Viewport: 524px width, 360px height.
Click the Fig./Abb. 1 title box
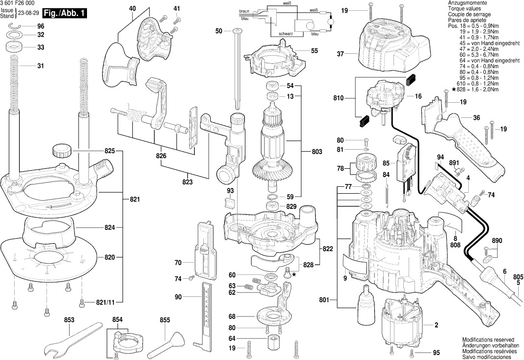60,13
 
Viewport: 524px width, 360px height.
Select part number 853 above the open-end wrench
69,320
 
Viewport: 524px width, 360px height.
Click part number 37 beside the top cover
341,54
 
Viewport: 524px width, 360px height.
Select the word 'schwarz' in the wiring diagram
286,34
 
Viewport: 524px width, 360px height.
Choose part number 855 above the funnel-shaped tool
165,320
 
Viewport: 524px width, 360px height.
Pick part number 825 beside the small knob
109,151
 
